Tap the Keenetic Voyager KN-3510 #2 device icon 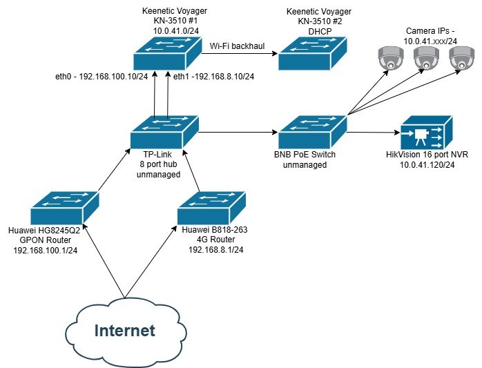click(312, 53)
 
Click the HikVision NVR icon click(427, 132)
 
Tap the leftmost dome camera click(391, 59)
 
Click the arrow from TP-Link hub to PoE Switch click(238, 130)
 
